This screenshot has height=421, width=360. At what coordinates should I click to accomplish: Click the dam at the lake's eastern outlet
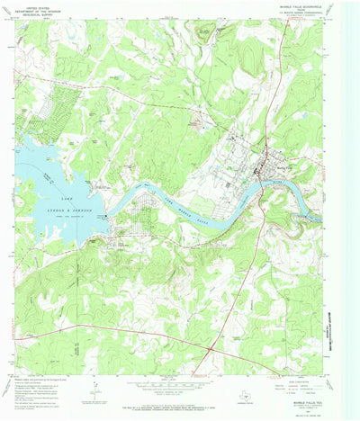pyautogui.click(x=106, y=216)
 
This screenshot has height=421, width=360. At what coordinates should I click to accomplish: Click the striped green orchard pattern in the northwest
pyautogui.click(x=36, y=121)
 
